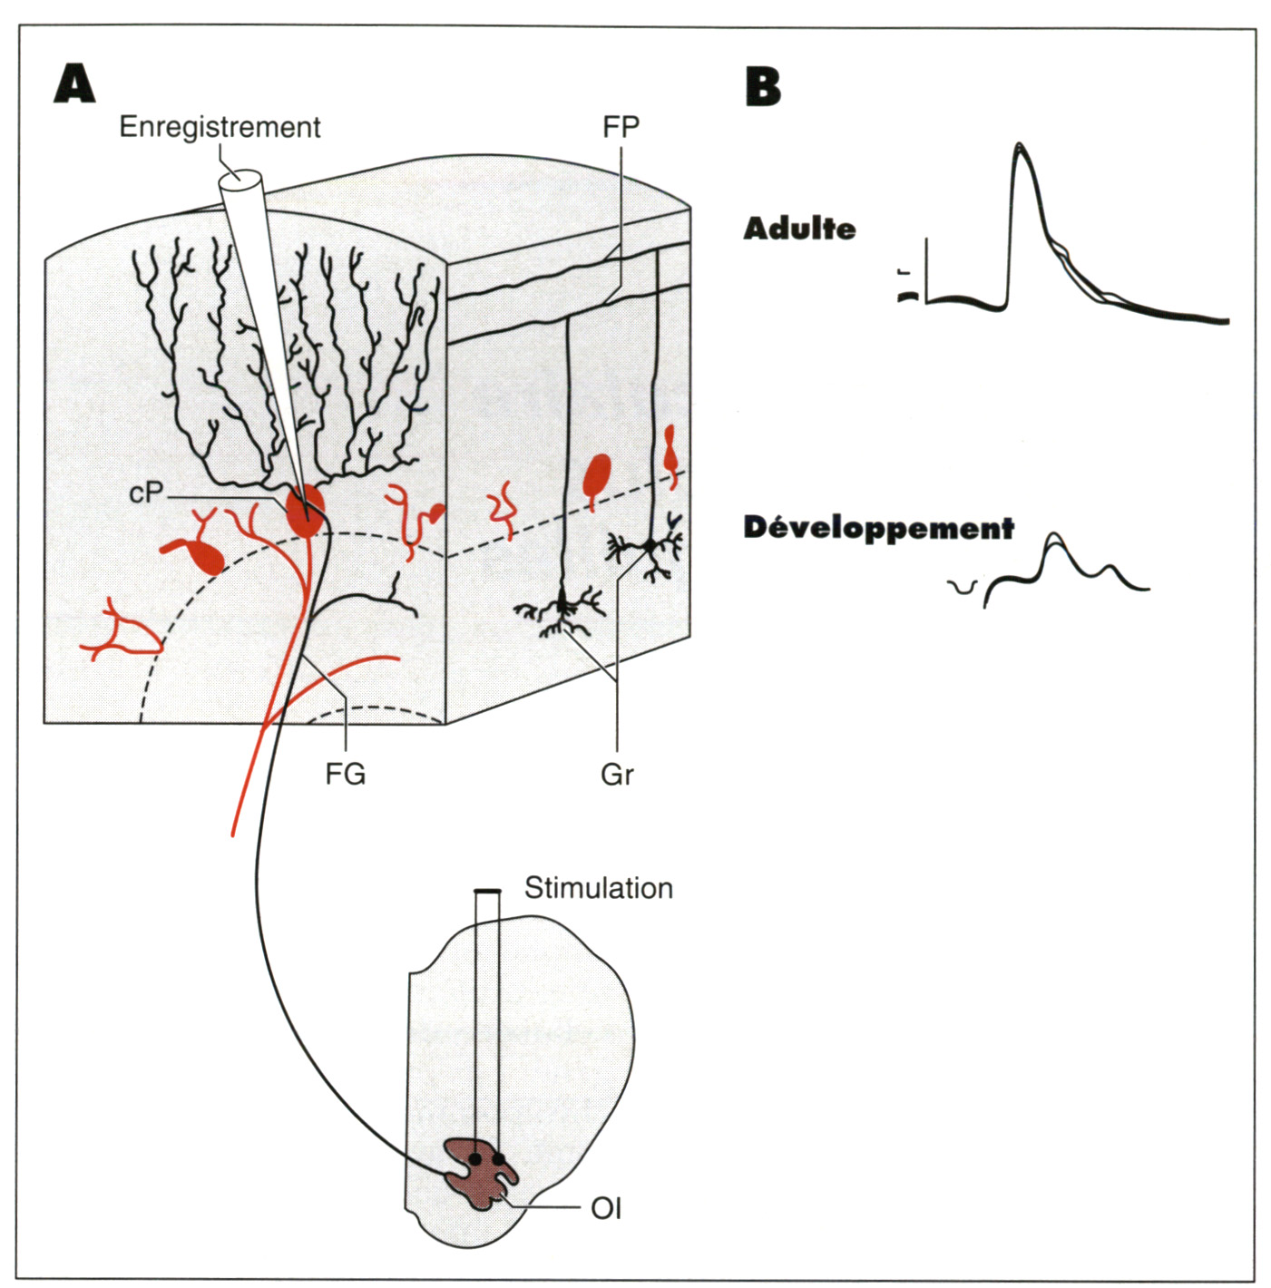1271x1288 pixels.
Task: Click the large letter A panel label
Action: (74, 84)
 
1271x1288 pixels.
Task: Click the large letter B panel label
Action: (762, 87)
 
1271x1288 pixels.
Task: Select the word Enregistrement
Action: (220, 127)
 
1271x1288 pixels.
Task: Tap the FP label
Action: (621, 127)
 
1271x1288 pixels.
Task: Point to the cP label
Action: (146, 493)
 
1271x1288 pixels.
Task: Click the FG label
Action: (345, 774)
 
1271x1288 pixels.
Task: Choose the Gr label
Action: (617, 774)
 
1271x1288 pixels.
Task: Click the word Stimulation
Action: (599, 888)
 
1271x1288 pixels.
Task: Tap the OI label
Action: (606, 1208)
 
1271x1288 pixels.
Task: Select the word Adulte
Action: (799, 229)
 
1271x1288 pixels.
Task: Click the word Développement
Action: (878, 528)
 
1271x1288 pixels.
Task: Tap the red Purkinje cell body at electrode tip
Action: (305, 512)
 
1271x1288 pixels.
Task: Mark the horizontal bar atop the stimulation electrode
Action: (487, 891)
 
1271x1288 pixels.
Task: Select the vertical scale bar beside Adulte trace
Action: (926, 270)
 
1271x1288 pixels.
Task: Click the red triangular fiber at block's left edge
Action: (122, 631)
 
